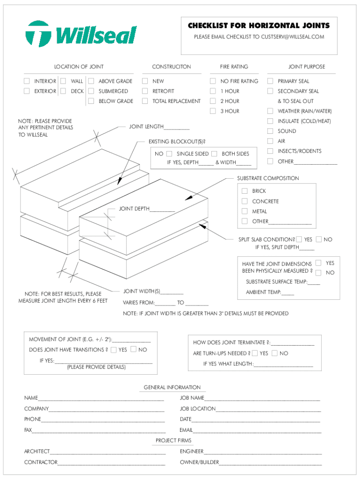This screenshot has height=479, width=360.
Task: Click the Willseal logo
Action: click(81, 34)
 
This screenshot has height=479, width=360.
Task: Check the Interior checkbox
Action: click(27, 81)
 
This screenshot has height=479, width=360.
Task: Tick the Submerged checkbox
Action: click(91, 91)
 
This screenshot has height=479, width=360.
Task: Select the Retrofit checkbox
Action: click(145, 91)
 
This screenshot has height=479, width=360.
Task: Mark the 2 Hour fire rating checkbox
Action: click(213, 101)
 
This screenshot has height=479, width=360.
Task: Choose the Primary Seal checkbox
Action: click(270, 81)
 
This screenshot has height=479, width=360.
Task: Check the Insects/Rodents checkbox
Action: click(270, 151)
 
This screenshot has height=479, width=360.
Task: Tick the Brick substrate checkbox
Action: click(245, 191)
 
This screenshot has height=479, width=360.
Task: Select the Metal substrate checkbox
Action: click(245, 211)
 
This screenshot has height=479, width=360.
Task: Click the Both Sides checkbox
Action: click(214, 153)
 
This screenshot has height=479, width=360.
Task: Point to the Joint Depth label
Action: click(134, 209)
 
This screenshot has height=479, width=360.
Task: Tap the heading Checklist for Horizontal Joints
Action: click(259, 26)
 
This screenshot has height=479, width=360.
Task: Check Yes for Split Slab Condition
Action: click(299, 239)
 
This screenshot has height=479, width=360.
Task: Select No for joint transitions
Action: click(133, 349)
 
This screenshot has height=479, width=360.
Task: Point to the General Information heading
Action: click(172, 387)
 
